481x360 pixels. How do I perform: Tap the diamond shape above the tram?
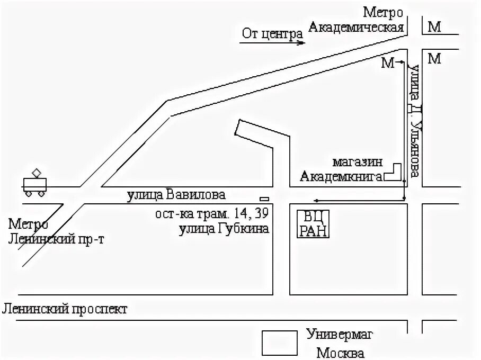point(37,173)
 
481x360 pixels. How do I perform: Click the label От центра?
point(272,34)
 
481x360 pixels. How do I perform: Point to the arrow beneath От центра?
point(272,43)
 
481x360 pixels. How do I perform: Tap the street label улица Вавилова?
point(176,195)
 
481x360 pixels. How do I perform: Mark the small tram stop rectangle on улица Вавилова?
point(264,199)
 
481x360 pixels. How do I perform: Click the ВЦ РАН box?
point(313,224)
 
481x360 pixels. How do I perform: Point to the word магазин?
point(358,162)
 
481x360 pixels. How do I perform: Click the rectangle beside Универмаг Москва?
point(280,343)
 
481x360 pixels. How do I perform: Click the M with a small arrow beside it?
point(389,63)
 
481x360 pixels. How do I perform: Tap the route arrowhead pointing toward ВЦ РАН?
point(316,200)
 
